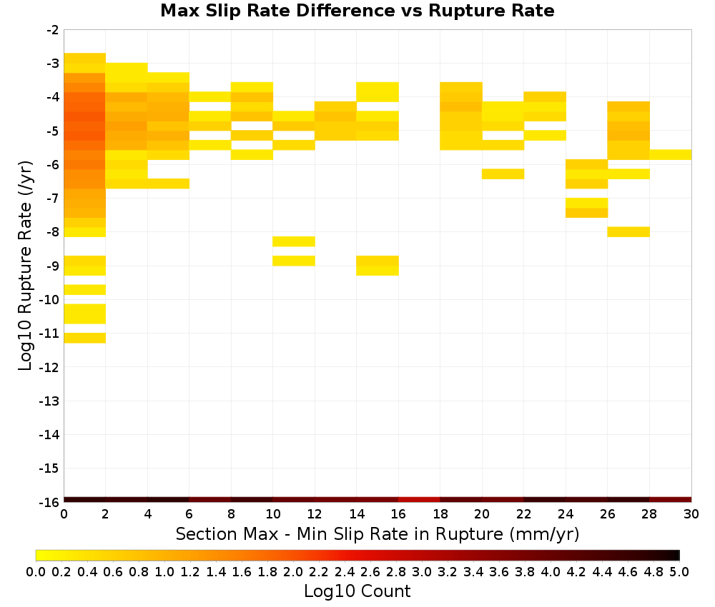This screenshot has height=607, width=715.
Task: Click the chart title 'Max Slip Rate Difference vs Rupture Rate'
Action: [357, 11]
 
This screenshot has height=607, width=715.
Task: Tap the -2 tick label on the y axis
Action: [53, 30]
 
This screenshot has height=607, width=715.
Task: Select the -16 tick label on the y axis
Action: [49, 502]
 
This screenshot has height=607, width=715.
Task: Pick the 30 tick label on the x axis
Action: [691, 514]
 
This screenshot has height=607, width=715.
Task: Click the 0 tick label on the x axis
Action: [64, 514]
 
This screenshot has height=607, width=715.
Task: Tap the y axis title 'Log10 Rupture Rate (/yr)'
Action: [25, 266]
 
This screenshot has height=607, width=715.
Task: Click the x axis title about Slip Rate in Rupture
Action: [377, 533]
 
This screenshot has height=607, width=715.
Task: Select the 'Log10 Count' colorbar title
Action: [357, 591]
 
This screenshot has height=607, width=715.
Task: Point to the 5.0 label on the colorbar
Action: [679, 572]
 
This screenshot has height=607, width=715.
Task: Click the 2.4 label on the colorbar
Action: [345, 572]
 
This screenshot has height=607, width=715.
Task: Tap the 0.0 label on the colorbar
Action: [36, 572]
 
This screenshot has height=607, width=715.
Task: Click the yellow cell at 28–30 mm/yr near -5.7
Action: [671, 155]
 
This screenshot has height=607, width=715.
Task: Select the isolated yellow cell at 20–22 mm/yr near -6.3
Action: [503, 174]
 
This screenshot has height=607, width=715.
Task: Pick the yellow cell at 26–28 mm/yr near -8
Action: [628, 232]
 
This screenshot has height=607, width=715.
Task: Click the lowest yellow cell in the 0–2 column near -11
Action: [85, 338]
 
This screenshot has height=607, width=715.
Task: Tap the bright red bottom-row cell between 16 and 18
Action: [420, 500]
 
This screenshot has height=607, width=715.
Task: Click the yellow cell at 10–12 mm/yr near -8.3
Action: [294, 241]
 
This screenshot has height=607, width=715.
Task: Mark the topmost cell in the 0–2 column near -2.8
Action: [85, 59]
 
